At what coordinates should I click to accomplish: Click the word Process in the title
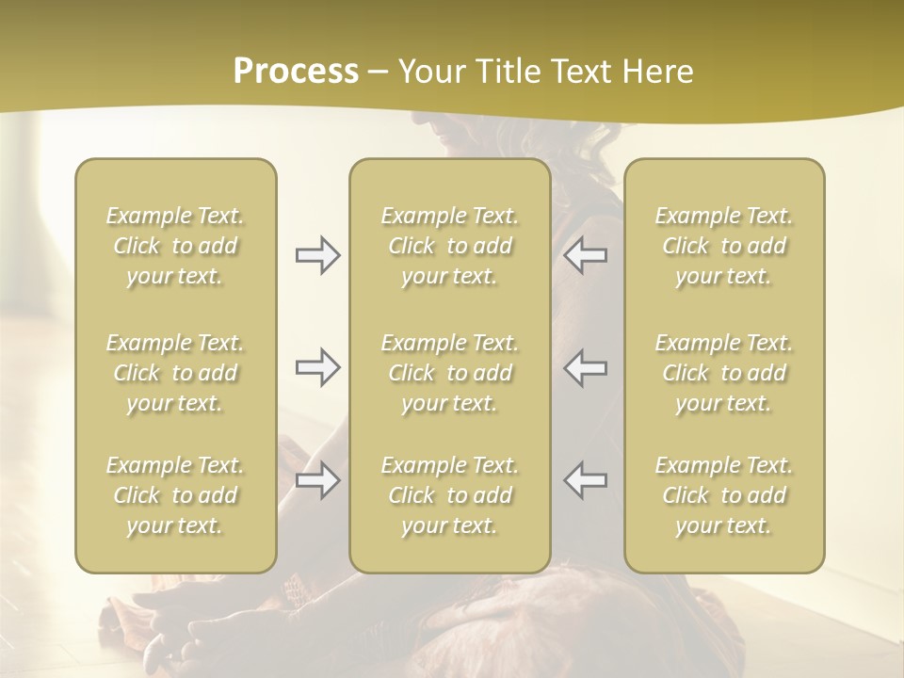296,72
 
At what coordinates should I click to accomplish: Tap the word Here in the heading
656,72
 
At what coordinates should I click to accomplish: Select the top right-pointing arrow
317,255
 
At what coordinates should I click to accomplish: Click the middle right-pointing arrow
317,367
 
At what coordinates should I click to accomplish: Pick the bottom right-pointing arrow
317,480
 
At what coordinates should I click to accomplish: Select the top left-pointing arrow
586,255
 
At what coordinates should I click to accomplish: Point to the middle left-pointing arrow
586,367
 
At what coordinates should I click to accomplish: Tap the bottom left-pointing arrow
586,480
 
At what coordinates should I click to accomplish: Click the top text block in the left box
175,246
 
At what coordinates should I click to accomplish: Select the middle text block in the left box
175,373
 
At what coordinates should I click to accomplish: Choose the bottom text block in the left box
175,495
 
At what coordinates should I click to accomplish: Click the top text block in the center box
449,246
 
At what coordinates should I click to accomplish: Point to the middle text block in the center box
449,373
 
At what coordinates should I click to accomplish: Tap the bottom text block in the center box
449,495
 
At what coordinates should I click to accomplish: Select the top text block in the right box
724,246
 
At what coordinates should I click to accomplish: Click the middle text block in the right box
724,373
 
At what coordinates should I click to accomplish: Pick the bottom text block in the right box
724,495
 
